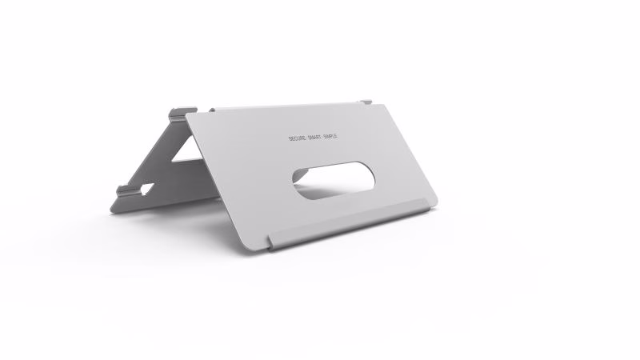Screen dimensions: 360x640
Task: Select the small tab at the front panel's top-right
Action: tap(366, 102)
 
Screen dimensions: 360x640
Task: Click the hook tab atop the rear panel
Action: tap(185, 110)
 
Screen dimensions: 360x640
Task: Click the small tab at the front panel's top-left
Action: tap(213, 110)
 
